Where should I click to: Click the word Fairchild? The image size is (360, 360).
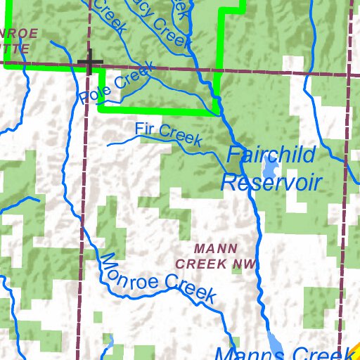[x=271, y=155]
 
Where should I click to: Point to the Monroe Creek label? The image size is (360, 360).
[x=156, y=278]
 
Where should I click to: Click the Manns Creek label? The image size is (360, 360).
[x=281, y=354]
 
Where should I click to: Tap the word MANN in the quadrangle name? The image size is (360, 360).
[x=215, y=249]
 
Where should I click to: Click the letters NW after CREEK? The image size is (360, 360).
[x=243, y=264]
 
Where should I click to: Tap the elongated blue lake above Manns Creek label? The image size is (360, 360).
[x=275, y=339]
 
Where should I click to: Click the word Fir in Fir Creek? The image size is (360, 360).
[x=144, y=129]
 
